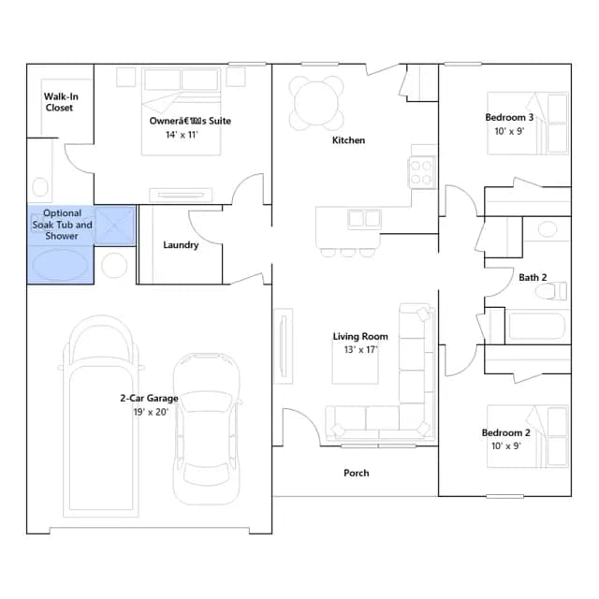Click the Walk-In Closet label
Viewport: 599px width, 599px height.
(x=61, y=102)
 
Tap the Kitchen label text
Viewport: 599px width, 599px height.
(x=348, y=140)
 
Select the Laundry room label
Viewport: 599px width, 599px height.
(x=181, y=245)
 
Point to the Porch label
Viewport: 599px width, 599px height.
(x=357, y=473)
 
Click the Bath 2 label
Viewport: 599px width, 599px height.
(x=533, y=277)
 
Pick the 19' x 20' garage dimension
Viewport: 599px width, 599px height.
(x=151, y=412)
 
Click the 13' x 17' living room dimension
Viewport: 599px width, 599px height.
(x=360, y=349)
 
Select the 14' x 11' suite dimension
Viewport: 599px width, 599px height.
(x=182, y=135)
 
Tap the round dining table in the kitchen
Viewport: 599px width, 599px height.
(x=316, y=103)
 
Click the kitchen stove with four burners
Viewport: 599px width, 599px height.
(x=422, y=172)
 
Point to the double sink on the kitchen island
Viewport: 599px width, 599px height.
(x=364, y=219)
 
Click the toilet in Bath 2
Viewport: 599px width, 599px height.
(x=551, y=291)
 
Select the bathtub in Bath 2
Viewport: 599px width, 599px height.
(x=536, y=327)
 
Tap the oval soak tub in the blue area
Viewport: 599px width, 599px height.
(x=60, y=265)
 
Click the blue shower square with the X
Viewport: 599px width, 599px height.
(x=115, y=226)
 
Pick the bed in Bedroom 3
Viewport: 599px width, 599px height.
(x=528, y=124)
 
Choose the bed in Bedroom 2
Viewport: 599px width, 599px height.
(x=528, y=437)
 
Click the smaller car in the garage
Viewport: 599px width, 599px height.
(x=207, y=429)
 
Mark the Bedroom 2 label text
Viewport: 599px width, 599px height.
(x=505, y=432)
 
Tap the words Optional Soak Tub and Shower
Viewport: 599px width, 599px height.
(x=62, y=225)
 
